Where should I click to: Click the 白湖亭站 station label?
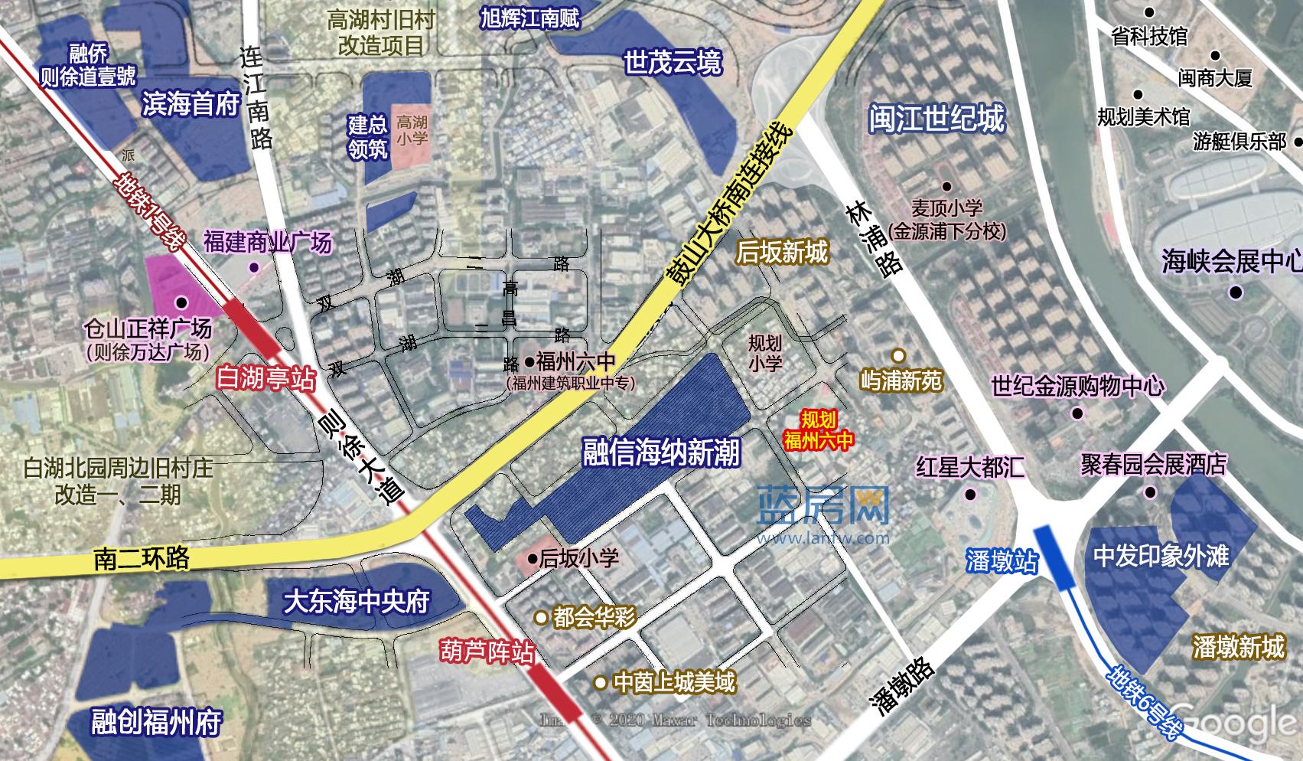point(265,378)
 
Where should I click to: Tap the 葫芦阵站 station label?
point(487,652)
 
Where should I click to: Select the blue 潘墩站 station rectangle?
point(1054,557)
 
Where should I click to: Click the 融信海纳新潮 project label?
point(661,452)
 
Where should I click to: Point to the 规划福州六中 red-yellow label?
point(818,429)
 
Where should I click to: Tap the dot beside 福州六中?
point(529,361)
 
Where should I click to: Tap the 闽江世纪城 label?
point(936,119)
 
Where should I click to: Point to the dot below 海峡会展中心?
point(1236,292)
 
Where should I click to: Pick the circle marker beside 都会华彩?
point(541,617)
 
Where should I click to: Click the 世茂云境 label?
point(672,63)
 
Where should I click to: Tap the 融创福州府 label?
point(156,722)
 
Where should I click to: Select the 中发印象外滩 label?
point(1161,556)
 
